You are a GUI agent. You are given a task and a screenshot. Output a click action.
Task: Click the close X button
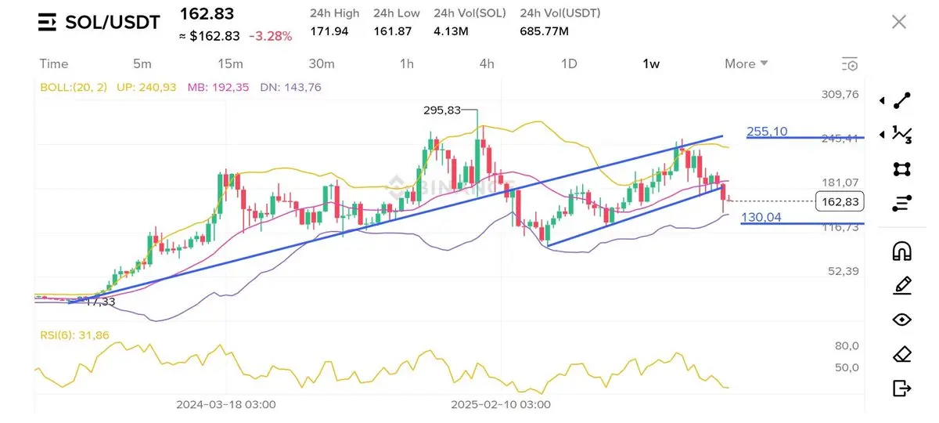899,22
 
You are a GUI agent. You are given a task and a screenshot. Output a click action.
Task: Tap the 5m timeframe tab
142,63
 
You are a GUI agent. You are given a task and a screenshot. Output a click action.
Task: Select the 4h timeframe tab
487,63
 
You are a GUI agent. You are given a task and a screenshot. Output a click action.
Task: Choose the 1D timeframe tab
569,63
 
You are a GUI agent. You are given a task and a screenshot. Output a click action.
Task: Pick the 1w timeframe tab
651,63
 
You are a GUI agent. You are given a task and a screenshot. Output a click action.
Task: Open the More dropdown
746,63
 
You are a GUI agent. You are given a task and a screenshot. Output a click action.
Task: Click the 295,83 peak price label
442,111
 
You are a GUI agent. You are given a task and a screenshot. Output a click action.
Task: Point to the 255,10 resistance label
767,132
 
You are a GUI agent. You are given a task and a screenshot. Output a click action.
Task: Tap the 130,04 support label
761,217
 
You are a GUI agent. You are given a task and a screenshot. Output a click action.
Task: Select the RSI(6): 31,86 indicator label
75,335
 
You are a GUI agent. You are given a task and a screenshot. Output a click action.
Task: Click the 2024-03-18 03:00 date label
225,404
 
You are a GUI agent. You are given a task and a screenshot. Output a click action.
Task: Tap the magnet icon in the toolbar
901,251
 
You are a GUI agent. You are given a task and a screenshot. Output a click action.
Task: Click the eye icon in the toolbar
901,320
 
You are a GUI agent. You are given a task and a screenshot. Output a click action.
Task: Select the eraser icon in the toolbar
901,354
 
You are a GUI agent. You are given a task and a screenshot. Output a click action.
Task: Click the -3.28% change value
270,36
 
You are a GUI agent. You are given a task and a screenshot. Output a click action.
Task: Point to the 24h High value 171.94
330,31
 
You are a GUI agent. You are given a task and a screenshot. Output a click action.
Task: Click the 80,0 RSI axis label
847,346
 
